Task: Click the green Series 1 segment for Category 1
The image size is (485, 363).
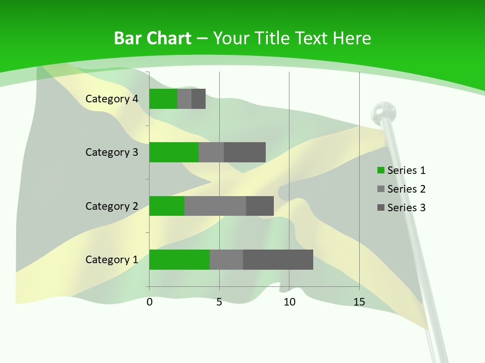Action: coord(179,259)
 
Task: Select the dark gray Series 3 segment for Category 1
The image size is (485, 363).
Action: coord(278,259)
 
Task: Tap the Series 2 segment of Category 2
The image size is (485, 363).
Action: coord(215,206)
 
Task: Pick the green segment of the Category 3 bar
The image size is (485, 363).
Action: coord(174,152)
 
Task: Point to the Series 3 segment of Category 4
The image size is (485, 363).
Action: coord(199,99)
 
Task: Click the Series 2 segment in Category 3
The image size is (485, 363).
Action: coord(211,152)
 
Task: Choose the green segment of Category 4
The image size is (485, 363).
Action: coord(163,99)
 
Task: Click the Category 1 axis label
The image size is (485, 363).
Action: coord(112,260)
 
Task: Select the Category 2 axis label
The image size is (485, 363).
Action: coord(112,206)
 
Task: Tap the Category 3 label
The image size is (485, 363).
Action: coord(112,152)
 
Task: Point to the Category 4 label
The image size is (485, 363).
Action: coord(112,99)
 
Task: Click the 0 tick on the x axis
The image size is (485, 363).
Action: coord(150,302)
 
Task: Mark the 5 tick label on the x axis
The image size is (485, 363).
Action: coord(219,302)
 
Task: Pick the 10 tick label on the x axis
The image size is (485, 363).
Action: coord(289,302)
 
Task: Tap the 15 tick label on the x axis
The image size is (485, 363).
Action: coord(359,302)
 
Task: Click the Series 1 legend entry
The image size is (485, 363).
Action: coord(401,170)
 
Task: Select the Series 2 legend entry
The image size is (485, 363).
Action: coord(401,189)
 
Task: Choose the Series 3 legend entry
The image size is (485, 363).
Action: coord(401,208)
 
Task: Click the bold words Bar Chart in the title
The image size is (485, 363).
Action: coord(152,38)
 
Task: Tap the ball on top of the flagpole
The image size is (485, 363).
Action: coord(383,111)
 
